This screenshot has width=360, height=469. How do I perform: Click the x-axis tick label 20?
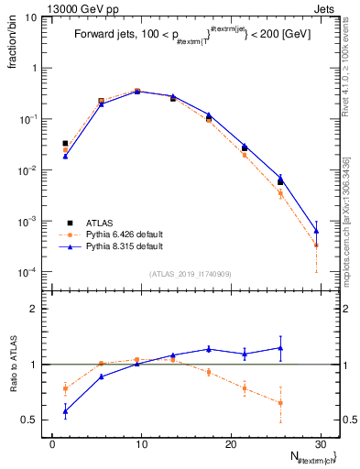pyautogui.click(x=230, y=443)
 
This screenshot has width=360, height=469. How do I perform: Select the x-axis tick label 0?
pyautogui.click(x=52, y=443)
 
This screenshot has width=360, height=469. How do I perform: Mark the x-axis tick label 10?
pyautogui.click(x=141, y=443)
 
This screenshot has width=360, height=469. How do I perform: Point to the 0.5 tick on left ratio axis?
pyautogui.click(x=30, y=420)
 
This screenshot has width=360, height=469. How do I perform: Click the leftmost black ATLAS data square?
pyautogui.click(x=65, y=144)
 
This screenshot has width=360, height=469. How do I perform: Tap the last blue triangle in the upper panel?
pyautogui.click(x=316, y=230)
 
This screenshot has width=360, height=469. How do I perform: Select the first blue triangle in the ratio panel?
pyautogui.click(x=65, y=411)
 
